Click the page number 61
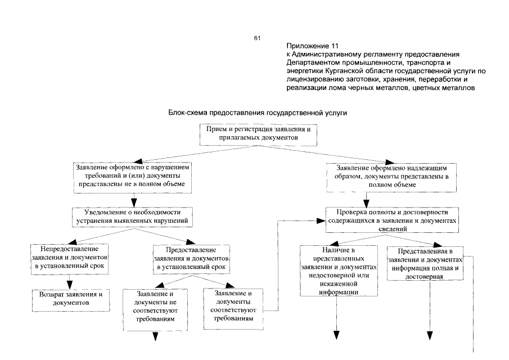click(x=257, y=38)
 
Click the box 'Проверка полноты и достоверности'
click(x=392, y=220)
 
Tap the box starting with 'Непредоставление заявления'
click(x=70, y=256)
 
